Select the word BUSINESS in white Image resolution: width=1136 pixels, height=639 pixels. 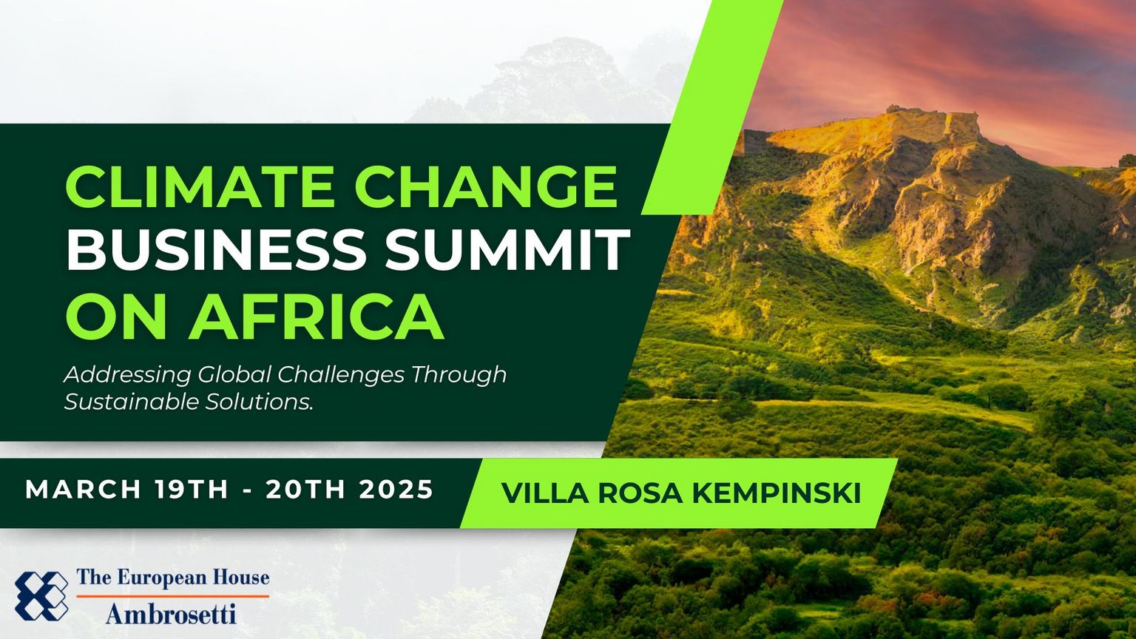click(215, 249)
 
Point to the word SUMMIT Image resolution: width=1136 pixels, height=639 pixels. click(507, 249)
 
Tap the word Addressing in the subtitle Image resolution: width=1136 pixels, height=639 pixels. click(127, 376)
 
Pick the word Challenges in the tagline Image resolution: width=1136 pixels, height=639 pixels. click(341, 376)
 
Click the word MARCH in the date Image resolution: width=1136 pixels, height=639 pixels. click(83, 490)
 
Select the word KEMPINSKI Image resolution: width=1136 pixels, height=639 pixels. click(777, 493)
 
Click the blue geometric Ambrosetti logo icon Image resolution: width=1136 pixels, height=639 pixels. click(41, 596)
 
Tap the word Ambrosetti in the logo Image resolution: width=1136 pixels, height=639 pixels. click(172, 614)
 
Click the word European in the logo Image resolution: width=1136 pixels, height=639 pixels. click(160, 578)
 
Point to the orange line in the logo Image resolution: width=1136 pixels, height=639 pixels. click(172, 596)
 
